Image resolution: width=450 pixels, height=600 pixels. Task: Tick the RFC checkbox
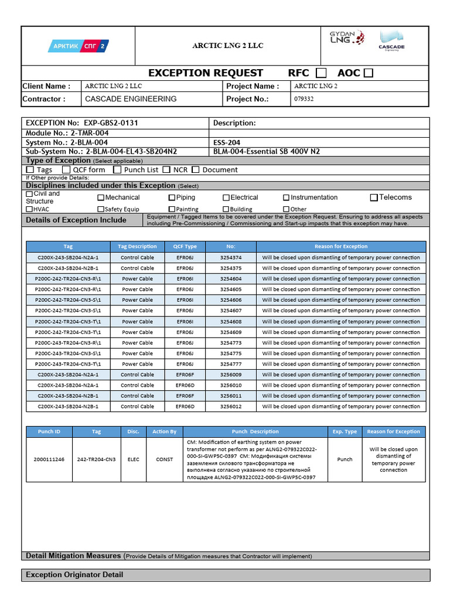[321, 73]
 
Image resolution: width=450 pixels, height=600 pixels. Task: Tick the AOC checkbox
[369, 73]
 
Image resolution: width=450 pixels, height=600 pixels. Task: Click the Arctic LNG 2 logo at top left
[77, 46]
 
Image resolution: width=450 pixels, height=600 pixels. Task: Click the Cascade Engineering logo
[391, 41]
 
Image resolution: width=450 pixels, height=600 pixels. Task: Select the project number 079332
[304, 99]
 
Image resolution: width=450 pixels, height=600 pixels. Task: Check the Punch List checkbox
[118, 170]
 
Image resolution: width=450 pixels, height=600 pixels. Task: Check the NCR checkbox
[167, 170]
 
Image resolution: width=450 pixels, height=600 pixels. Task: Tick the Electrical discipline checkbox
[226, 198]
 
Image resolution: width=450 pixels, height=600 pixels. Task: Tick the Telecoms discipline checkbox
[374, 197]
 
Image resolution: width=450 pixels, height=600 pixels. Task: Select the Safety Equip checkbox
[101, 209]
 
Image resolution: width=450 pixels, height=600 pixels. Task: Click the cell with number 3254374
[231, 257]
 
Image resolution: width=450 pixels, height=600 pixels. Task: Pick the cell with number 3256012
[231, 407]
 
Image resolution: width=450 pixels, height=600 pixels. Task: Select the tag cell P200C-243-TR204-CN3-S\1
[68, 353]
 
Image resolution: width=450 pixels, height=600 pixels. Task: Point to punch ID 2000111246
[49, 459]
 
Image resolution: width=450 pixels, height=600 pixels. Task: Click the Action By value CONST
[164, 459]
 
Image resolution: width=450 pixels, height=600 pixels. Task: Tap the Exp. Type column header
[345, 432]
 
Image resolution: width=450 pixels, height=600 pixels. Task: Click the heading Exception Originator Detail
[74, 575]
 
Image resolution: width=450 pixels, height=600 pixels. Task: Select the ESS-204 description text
[227, 142]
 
